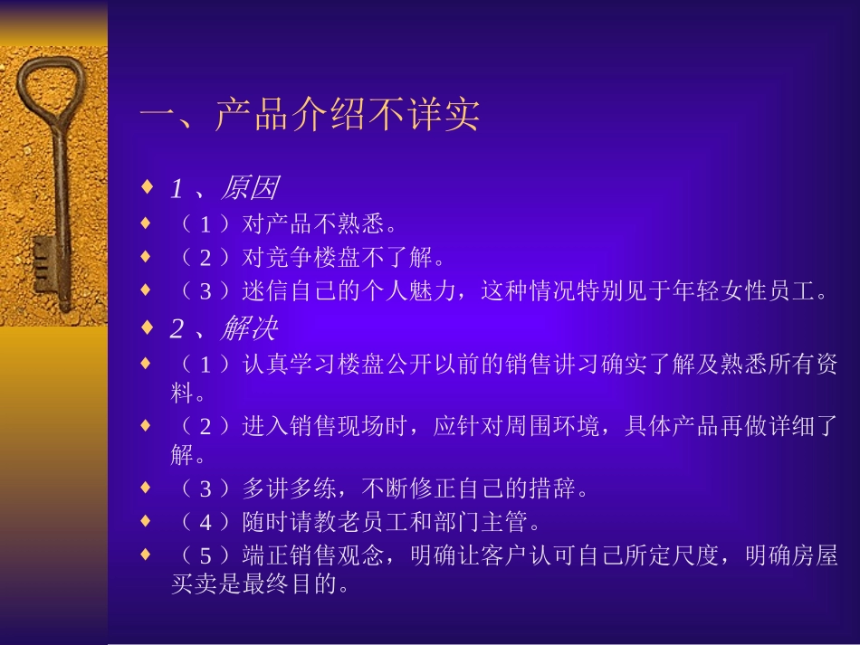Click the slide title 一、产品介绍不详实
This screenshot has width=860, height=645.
[309, 116]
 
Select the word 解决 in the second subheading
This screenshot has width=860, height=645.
[248, 328]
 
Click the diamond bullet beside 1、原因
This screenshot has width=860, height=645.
[147, 188]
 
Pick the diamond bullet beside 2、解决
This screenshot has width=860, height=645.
[147, 327]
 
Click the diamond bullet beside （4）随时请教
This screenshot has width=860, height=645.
[147, 522]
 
